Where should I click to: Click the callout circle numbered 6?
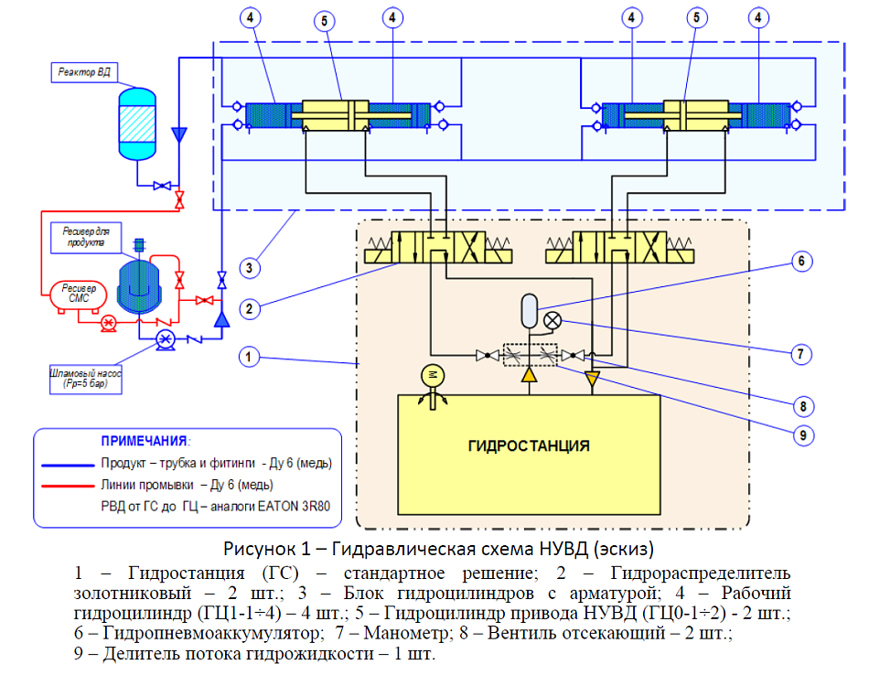click(799, 262)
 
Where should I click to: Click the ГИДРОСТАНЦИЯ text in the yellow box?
click(528, 446)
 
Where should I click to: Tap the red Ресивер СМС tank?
click(72, 293)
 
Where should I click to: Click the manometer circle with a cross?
click(553, 320)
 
